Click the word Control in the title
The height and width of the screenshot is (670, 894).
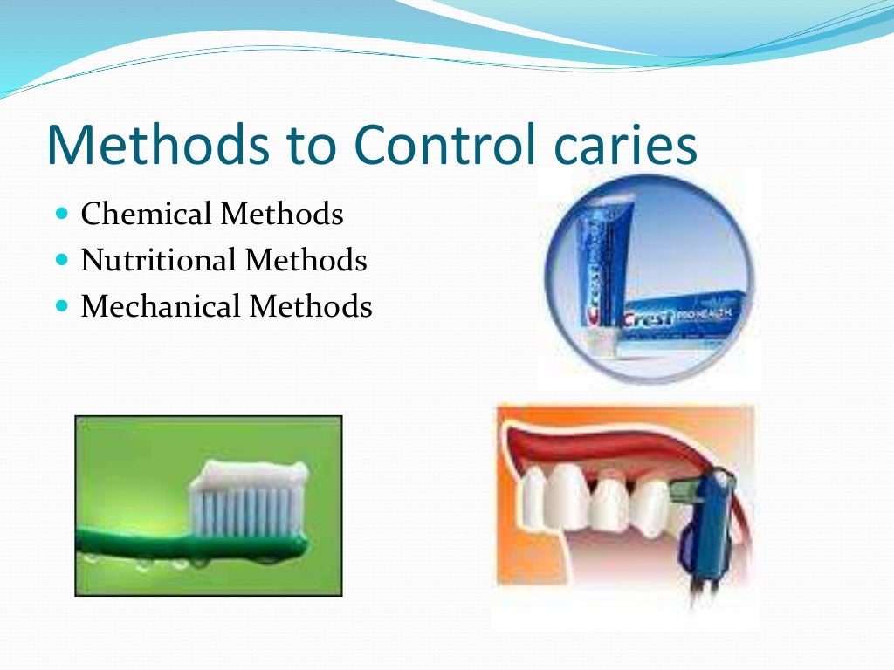437,145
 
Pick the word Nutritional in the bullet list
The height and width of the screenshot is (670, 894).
159,260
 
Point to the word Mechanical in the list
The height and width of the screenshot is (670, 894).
161,306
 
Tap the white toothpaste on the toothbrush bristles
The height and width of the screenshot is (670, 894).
249,475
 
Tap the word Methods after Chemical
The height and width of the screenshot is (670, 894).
282,214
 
